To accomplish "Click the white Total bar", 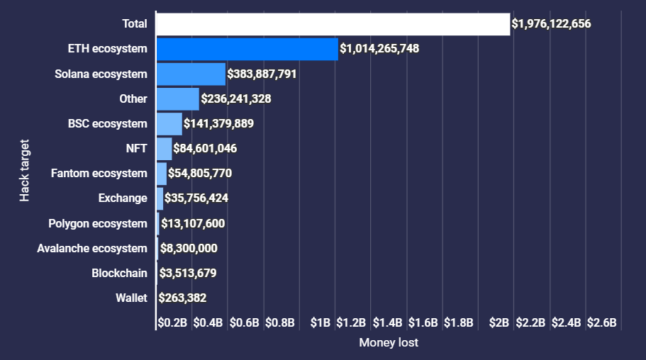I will coord(333,24).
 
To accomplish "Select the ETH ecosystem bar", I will coord(247,49).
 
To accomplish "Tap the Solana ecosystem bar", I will coord(191,74).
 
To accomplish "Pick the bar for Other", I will coord(178,99).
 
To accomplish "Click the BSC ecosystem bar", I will coord(169,124).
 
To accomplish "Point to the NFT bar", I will coord(164,149).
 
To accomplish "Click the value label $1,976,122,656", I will coord(551,24).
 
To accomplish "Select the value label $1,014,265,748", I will coord(379,49).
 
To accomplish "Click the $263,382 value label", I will coord(182,298).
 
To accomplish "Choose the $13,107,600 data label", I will coord(193,224).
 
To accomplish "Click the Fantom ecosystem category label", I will coord(99,174).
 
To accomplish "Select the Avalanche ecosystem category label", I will coord(92,249).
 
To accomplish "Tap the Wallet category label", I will coord(131,298).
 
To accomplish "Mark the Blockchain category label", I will coord(119,274).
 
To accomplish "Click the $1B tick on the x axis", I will coord(321,323).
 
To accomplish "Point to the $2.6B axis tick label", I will coord(603,323).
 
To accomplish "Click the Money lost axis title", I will coord(389,343).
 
